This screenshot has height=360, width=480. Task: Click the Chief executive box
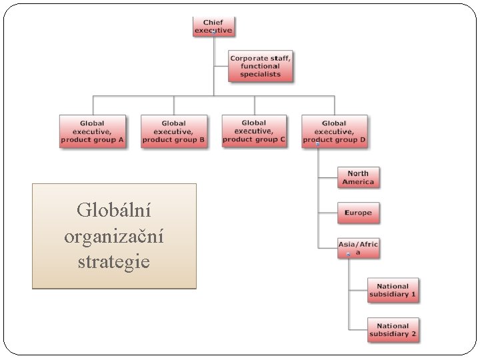(213, 27)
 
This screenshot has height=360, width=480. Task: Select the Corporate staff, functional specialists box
(261, 66)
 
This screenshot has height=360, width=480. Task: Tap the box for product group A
(92, 131)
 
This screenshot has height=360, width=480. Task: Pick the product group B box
(173, 131)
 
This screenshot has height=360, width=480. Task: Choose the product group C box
(254, 131)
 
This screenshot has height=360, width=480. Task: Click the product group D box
(334, 131)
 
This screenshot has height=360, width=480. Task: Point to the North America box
(358, 177)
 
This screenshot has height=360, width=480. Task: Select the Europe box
(358, 213)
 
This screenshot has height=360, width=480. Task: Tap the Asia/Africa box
(358, 248)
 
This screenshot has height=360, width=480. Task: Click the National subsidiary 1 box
(393, 290)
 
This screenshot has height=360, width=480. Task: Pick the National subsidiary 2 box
(393, 330)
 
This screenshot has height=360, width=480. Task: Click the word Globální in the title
(114, 211)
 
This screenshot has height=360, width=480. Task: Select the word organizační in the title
(114, 237)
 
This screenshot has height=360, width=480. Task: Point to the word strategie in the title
(114, 262)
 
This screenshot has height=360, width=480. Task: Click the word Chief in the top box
(213, 23)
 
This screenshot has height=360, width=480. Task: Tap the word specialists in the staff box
(261, 75)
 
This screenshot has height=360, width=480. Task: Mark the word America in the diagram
(358, 182)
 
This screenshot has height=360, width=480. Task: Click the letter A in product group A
(121, 140)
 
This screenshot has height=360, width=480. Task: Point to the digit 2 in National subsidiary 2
(413, 334)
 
